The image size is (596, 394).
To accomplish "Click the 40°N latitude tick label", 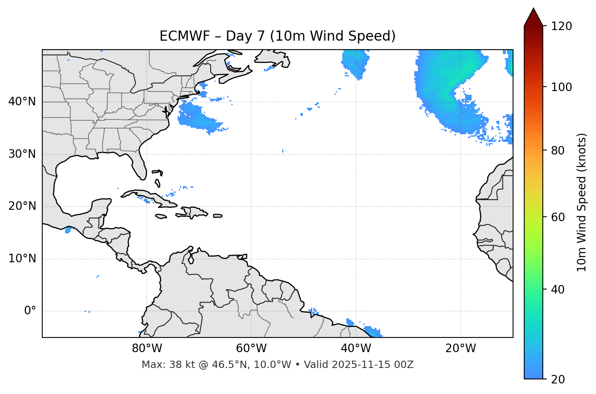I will click(x=22, y=102).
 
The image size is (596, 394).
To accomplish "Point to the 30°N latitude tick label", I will click(x=22, y=154).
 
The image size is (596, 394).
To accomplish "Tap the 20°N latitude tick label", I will click(x=22, y=206).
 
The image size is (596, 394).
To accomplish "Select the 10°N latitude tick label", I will click(x=22, y=259).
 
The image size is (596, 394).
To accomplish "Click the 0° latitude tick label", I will click(x=30, y=311).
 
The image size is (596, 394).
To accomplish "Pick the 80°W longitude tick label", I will click(x=147, y=348).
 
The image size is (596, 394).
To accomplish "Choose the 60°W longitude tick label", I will click(x=251, y=348).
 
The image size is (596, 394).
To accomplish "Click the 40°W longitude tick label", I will click(x=356, y=348).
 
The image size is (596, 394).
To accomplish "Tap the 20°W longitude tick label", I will click(x=461, y=348).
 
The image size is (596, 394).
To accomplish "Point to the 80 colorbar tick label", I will click(x=560, y=150).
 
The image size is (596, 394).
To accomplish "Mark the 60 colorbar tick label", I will click(x=560, y=217).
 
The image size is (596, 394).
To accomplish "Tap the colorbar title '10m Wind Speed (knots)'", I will click(x=582, y=202).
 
